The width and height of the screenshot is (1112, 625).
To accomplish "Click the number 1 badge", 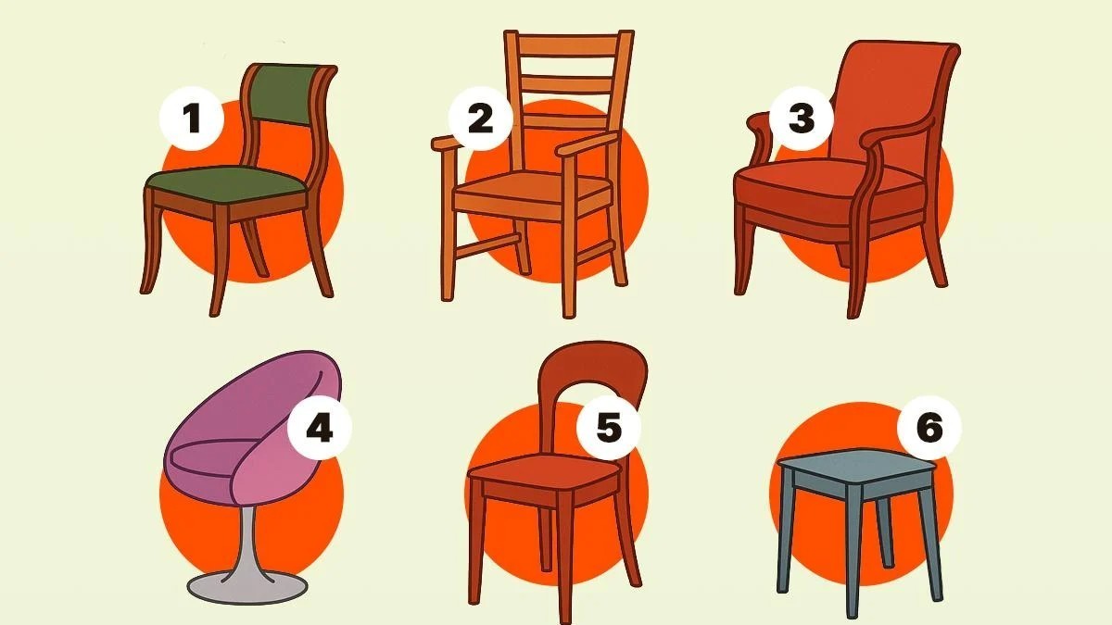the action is (x=191, y=119).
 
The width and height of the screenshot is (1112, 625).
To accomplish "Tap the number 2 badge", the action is (x=480, y=119).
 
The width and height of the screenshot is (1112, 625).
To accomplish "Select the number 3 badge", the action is (x=802, y=119).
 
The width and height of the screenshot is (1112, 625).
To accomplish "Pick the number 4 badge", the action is (x=319, y=428).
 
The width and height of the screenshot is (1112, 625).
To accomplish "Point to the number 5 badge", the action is (x=609, y=428).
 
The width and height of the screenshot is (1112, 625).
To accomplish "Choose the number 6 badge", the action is (x=929, y=428).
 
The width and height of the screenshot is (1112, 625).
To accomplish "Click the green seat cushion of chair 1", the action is (x=226, y=182).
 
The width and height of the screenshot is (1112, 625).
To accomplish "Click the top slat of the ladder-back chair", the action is (x=568, y=45).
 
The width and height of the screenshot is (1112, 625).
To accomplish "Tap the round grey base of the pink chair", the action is (x=247, y=587).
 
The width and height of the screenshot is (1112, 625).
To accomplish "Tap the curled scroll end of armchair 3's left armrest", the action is (x=757, y=123).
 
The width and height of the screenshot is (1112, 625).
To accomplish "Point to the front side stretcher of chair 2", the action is (x=487, y=246).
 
